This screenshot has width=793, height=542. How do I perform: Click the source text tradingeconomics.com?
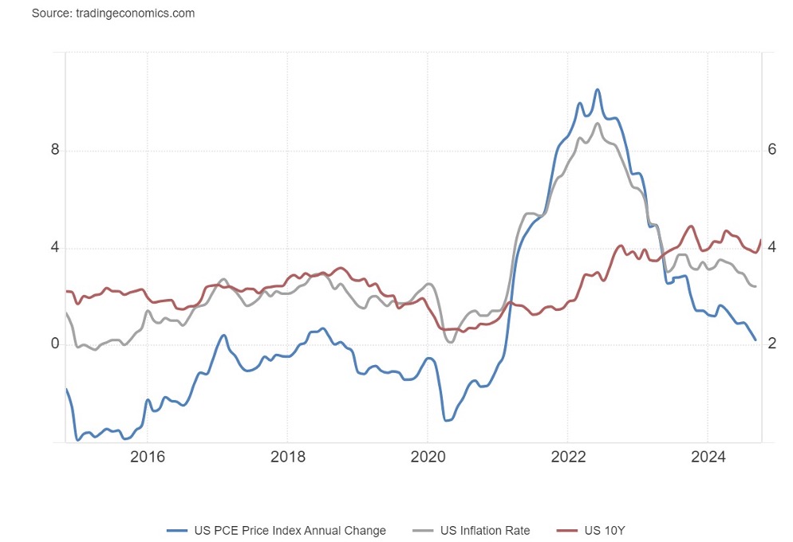(x=113, y=14)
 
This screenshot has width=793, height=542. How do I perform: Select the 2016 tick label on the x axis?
(x=147, y=458)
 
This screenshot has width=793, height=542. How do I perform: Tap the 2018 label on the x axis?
(x=287, y=458)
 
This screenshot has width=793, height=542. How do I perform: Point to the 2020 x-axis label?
(x=427, y=458)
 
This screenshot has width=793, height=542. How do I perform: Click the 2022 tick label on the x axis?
(x=567, y=458)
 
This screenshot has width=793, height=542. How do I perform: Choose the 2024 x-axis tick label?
(x=708, y=458)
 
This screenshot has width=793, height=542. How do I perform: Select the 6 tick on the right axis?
(x=771, y=151)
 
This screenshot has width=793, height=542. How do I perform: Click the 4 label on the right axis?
(x=771, y=248)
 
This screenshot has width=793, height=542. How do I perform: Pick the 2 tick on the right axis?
(x=771, y=344)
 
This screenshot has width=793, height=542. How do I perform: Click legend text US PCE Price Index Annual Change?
(x=290, y=530)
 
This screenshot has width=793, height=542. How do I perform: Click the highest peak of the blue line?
(x=597, y=89)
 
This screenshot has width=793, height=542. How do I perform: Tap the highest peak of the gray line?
(x=597, y=123)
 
